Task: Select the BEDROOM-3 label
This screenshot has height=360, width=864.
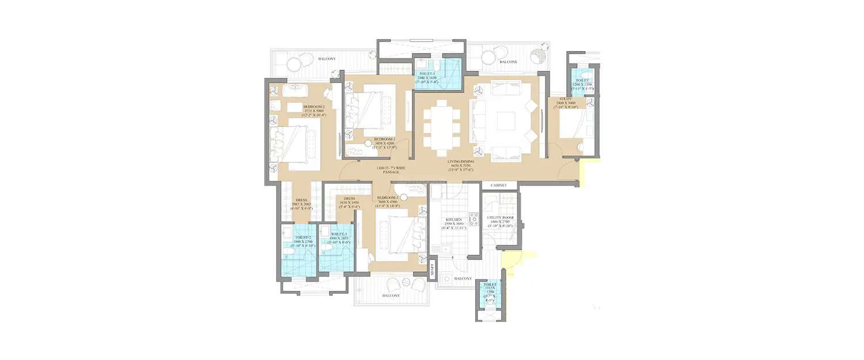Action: [388, 198]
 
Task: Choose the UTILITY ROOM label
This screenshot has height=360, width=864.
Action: [500, 218]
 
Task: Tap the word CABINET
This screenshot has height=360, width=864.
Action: [499, 185]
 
